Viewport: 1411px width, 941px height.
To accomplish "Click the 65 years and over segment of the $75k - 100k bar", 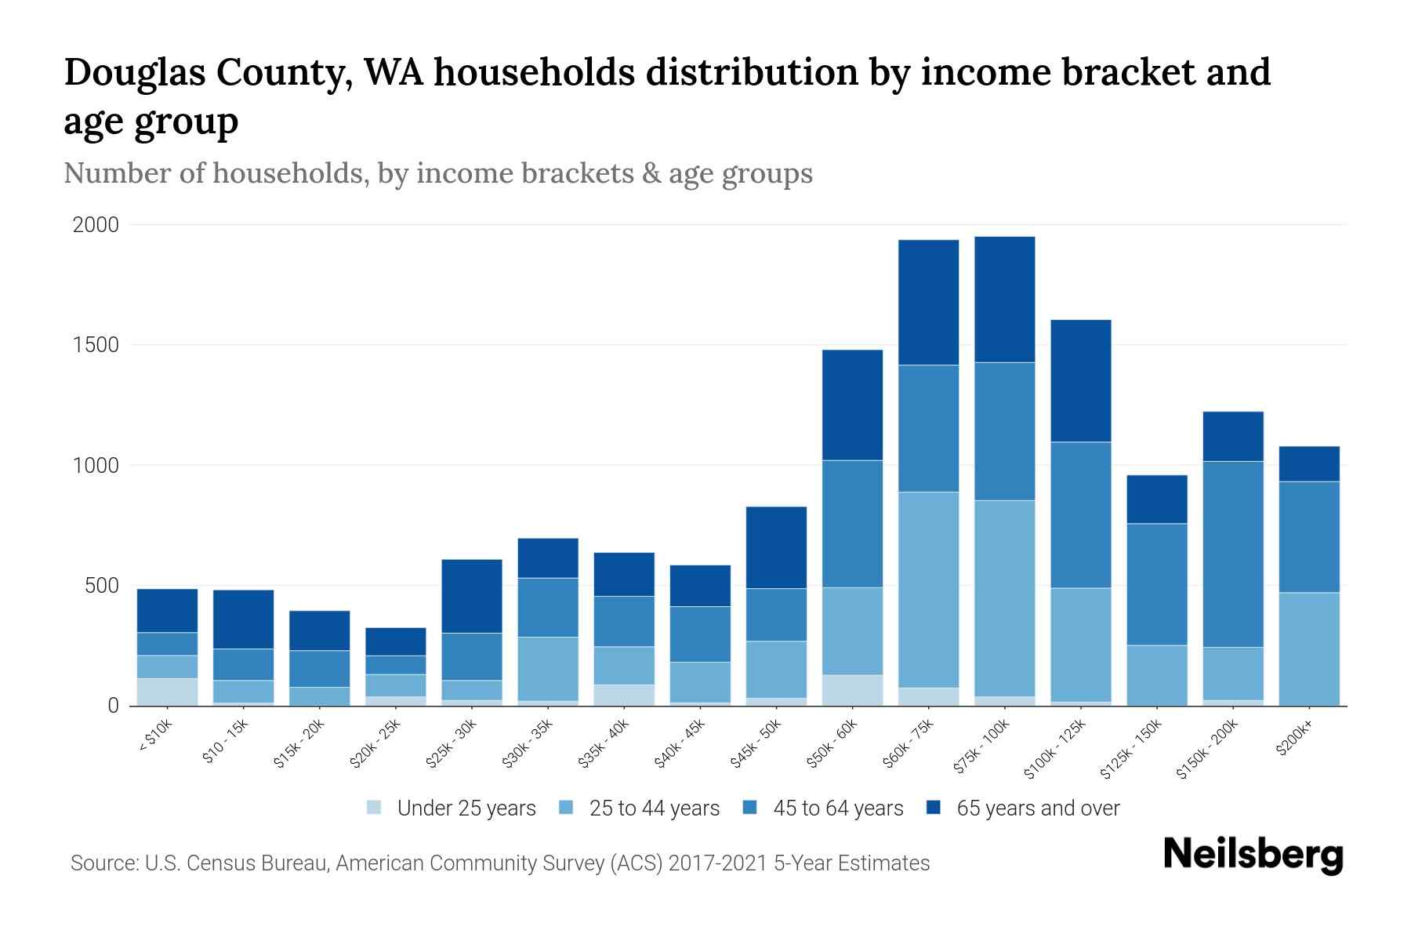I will point(1004,299).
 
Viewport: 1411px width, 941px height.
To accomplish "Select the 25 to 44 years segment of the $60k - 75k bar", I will point(928,590).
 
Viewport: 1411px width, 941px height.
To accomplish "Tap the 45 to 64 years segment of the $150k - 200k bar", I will point(1233,554).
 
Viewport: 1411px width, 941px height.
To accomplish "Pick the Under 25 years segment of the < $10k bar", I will point(167,692).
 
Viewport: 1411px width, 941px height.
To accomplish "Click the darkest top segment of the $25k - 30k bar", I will point(472,596).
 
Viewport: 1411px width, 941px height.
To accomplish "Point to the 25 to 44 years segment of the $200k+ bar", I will point(1309,649).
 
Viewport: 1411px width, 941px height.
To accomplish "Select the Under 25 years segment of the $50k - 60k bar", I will point(852,690).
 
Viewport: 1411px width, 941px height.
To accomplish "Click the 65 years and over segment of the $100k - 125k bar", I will point(1080,380).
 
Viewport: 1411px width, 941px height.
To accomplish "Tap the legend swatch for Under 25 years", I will point(375,808).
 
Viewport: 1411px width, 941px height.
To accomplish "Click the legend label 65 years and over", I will point(1037,808).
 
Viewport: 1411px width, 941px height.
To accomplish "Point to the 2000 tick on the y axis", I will point(96,225).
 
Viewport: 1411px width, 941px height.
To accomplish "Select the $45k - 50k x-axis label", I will point(756,744).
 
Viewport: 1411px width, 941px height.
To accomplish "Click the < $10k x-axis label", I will point(155,737).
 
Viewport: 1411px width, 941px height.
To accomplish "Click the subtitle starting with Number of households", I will point(437,173).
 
